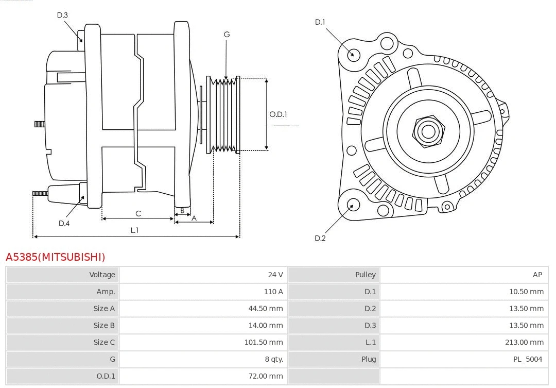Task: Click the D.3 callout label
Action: (62, 15)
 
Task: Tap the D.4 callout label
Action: (64, 223)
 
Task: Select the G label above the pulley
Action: (227, 35)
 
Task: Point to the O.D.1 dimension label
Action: (278, 114)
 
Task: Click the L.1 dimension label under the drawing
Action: (134, 230)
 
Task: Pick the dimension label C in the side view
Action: (138, 213)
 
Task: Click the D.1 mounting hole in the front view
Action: (353, 54)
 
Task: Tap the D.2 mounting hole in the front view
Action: (353, 205)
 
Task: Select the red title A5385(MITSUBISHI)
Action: (56, 257)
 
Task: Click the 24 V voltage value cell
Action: (275, 275)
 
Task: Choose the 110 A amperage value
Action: (273, 292)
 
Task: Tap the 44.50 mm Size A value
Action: (266, 309)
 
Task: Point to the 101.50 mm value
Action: (264, 342)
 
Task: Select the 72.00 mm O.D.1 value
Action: (266, 376)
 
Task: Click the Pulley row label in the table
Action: (365, 275)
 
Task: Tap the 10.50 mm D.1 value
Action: (526, 292)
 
